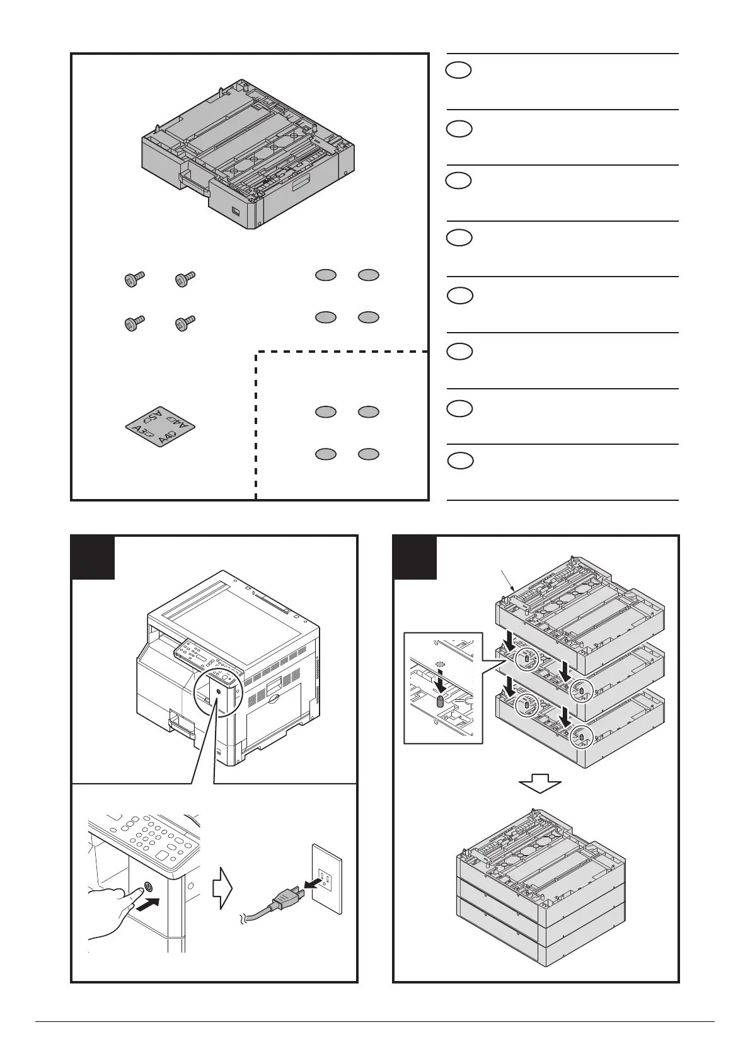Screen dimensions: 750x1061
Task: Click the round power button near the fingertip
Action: coord(147,885)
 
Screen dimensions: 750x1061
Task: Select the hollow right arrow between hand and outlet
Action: coord(222,889)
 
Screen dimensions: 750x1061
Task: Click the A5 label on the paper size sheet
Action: coord(153,416)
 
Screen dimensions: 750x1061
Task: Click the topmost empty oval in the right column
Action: coord(459,69)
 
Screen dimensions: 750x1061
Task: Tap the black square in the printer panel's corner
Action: coord(93,557)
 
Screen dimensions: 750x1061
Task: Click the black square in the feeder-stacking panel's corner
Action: coord(415,557)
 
